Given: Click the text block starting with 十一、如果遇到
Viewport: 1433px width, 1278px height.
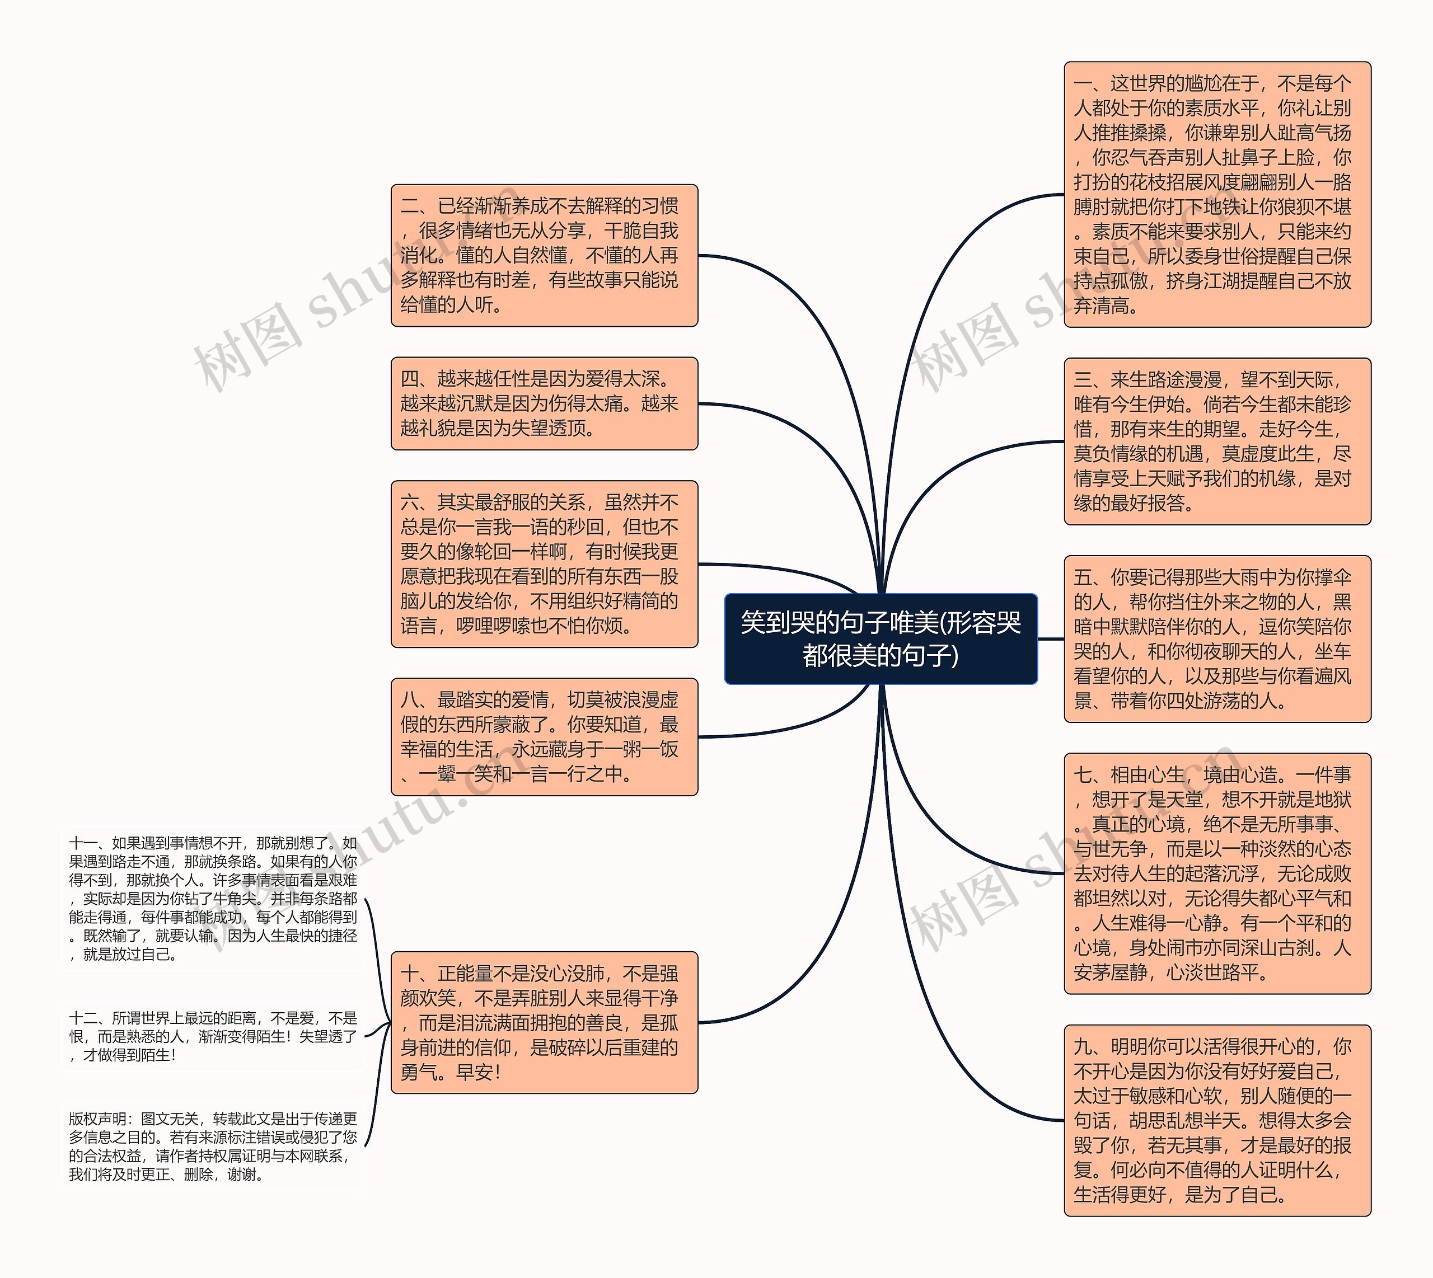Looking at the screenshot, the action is (213, 898).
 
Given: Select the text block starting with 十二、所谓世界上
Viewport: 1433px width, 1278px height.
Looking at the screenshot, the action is (213, 1036).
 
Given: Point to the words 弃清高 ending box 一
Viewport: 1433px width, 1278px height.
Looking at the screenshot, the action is (1105, 306).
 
